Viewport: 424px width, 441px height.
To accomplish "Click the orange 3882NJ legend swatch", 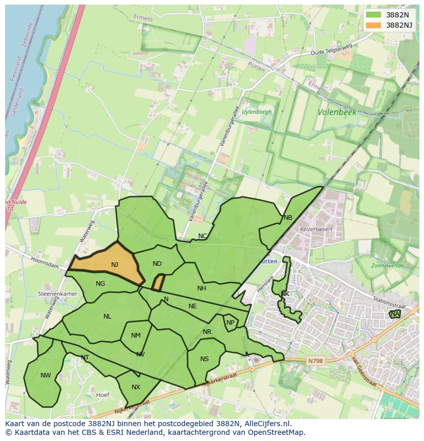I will pos(374,25).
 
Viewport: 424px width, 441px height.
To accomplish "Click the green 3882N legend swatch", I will pos(374,15).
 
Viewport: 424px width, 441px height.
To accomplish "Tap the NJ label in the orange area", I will pos(114,265).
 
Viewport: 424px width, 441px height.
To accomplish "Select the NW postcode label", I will pos(46,375).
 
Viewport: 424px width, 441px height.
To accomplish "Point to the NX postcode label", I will pos(136,387).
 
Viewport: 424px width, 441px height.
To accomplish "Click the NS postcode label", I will pos(204,359).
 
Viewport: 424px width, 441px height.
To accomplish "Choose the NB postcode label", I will pos(288,218).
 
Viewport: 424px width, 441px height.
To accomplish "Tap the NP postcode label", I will pos(230,323).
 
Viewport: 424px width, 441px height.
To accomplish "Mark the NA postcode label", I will pos(394,314).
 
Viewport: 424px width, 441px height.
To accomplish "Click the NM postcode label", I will pos(136,335).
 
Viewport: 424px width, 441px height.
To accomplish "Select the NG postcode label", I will pos(100,284).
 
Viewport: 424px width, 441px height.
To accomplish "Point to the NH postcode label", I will pos(202,288).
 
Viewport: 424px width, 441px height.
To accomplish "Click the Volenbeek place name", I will pos(336,112).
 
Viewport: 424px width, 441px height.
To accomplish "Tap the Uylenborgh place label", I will pos(257,112).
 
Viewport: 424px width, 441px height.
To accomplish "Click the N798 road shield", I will pos(315,361).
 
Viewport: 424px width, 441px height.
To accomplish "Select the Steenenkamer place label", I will pos(57,295).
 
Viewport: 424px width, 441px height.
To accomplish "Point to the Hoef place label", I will pos(103,395).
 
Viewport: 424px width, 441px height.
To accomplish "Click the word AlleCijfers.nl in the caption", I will pos(265,424).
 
